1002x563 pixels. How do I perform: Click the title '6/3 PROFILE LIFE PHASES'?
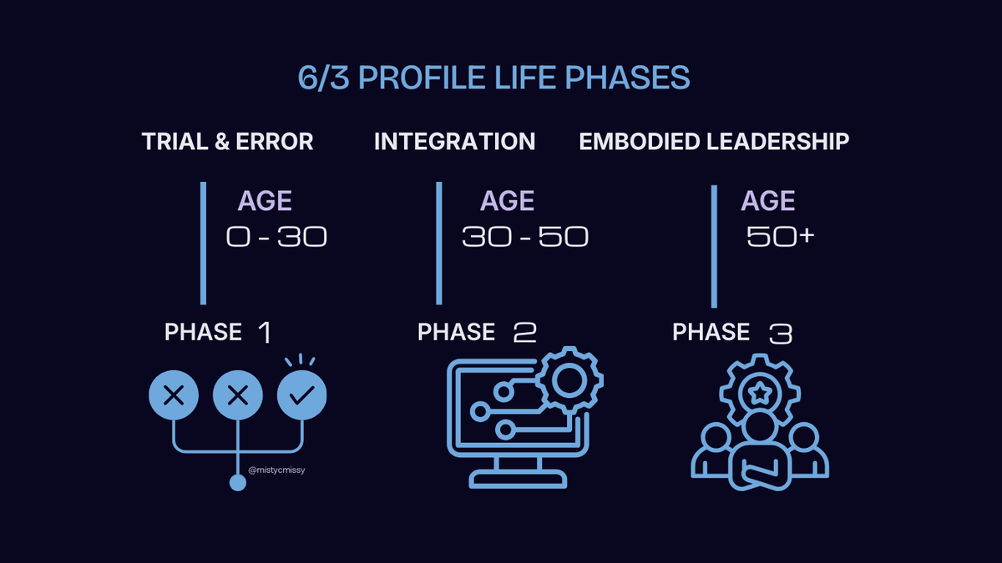pos(493,78)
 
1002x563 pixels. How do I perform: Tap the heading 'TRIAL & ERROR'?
pos(228,142)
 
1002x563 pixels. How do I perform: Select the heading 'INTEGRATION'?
pos(454,142)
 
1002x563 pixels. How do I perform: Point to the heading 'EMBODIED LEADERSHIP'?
pos(714,142)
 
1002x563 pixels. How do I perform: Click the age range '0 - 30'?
pos(276,238)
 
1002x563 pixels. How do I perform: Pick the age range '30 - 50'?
pos(525,238)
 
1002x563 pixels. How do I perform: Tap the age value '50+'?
pos(780,238)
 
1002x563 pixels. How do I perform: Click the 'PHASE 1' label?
pos(218,333)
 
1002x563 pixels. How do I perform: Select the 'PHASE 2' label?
pos(477,333)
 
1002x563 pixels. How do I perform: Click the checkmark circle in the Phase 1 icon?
pos(301,395)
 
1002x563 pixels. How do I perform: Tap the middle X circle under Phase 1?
pos(238,395)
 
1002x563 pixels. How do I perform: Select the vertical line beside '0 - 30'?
pos(203,243)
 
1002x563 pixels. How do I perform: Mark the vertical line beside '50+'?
pos(714,247)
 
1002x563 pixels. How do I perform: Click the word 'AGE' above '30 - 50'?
pos(507,201)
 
